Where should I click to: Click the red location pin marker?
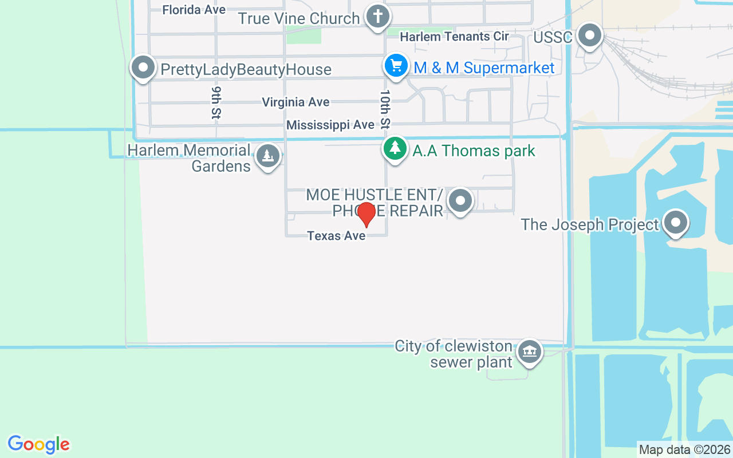tap(366, 215)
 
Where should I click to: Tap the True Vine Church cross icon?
tap(377, 17)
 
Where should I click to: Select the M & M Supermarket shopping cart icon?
tap(396, 66)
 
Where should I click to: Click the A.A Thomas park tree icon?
tap(395, 149)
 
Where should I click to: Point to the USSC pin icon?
tap(589, 36)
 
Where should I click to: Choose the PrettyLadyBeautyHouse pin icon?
tap(143, 68)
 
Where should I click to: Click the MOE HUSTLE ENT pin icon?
tap(460, 201)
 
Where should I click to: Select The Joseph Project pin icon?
tap(676, 223)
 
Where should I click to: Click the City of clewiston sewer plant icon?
tap(529, 352)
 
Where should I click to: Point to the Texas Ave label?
tap(336, 236)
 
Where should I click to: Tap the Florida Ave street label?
tap(194, 10)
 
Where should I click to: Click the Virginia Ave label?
tap(295, 102)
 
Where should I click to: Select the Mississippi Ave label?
tap(330, 125)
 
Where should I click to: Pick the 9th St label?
tap(216, 103)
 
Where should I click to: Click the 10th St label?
tap(385, 108)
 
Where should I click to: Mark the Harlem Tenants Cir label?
tap(454, 37)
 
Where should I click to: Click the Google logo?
tap(39, 444)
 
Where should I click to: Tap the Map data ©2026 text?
tap(684, 450)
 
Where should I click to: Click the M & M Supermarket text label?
tap(484, 68)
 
